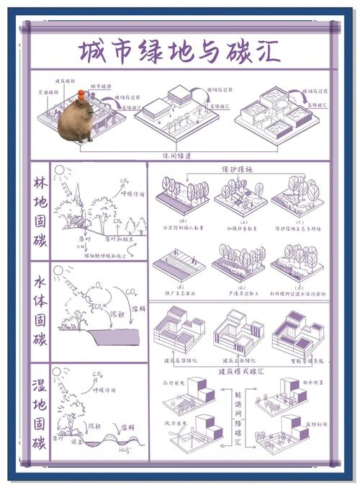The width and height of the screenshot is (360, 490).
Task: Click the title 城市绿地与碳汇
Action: pyautogui.click(x=180, y=52)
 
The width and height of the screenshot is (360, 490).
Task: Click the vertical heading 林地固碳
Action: pyautogui.click(x=40, y=210)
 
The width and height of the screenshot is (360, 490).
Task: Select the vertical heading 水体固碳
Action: pyautogui.click(x=40, y=311)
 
